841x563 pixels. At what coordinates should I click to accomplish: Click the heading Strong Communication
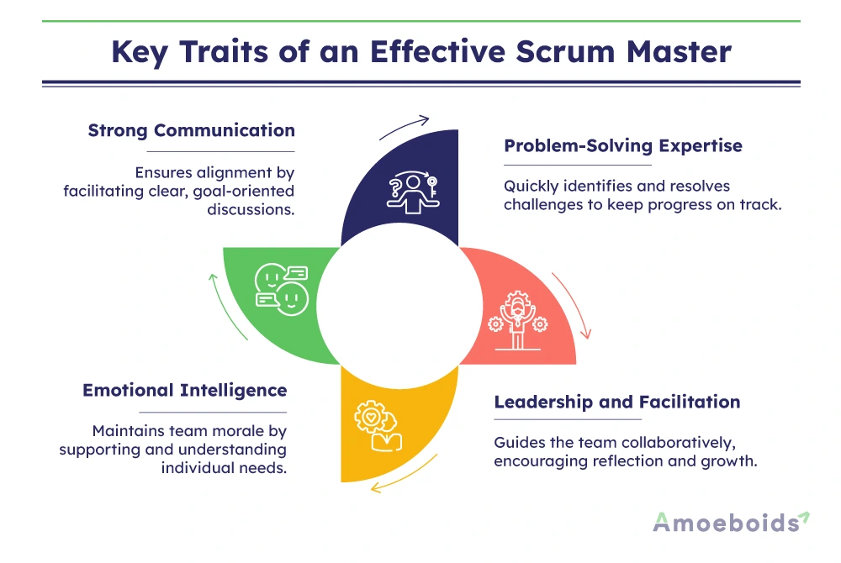click(x=191, y=130)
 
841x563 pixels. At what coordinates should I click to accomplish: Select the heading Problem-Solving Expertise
click(x=622, y=145)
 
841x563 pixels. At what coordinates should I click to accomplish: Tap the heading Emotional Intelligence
click(x=184, y=391)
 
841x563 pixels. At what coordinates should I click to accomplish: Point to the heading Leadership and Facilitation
click(x=616, y=402)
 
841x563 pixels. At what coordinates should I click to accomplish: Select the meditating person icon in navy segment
click(x=411, y=192)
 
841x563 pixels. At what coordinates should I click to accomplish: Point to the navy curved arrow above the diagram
click(x=404, y=125)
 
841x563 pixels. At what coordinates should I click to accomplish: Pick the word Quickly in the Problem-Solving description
click(x=532, y=186)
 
